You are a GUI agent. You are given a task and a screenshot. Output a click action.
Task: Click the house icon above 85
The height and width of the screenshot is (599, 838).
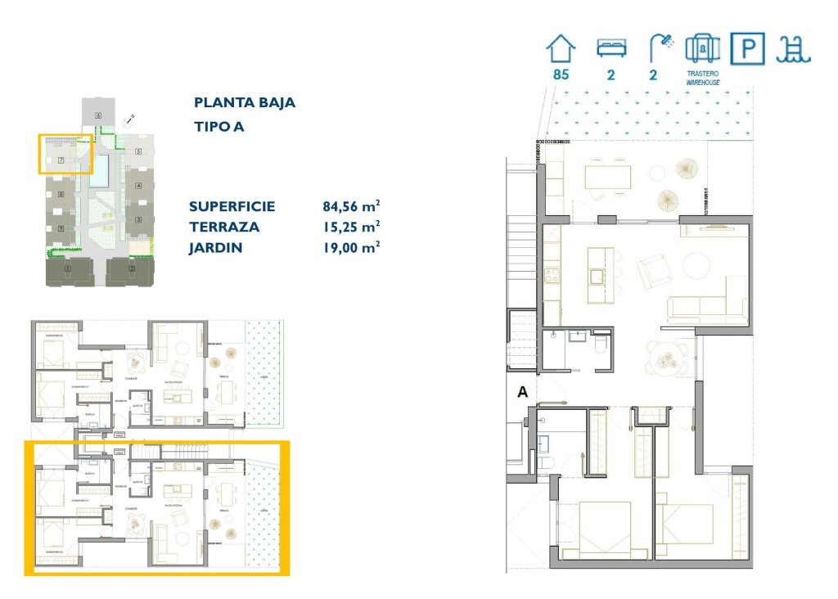561,48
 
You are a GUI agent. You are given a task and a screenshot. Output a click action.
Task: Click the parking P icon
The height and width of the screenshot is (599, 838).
747,50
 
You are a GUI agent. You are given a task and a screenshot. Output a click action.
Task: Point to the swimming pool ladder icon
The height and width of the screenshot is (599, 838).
793,50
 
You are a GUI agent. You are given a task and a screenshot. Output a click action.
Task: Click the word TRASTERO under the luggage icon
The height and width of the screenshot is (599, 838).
702,74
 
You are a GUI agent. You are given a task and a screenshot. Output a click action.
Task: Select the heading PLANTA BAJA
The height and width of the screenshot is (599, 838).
245,103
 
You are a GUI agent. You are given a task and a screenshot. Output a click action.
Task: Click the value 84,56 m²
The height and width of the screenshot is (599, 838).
352,206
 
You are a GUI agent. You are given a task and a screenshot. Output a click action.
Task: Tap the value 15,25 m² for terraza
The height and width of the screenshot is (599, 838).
352,227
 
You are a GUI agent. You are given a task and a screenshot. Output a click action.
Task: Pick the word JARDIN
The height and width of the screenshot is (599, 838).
215,247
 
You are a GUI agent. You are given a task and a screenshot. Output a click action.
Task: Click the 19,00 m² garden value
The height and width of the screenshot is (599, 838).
352,247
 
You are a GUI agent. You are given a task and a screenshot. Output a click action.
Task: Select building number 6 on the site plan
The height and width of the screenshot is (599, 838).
97,116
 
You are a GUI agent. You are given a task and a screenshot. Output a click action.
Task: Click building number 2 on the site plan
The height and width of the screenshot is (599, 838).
131,268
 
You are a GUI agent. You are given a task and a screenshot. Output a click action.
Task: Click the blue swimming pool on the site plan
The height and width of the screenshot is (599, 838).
102,169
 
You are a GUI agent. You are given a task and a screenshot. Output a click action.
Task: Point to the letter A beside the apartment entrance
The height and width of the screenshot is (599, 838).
521,393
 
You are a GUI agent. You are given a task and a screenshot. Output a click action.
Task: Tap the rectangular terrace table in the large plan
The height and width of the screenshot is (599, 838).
608,176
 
